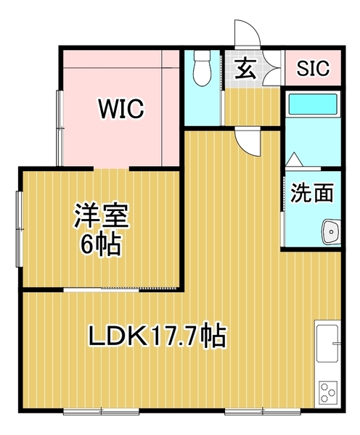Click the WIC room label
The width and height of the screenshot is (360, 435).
(x=121, y=109)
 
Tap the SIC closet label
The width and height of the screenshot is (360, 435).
(x=313, y=68)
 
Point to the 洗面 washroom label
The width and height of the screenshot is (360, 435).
(x=312, y=193)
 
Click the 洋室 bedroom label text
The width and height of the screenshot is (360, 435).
(x=101, y=216)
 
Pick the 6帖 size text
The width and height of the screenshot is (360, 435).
(x=101, y=244)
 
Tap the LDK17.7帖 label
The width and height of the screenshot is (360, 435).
(x=157, y=336)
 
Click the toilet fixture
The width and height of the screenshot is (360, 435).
(x=202, y=68)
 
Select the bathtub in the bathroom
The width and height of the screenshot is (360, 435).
(x=313, y=104)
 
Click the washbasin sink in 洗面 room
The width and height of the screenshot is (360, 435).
(x=331, y=232)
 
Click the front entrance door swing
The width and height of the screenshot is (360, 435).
(x=247, y=33)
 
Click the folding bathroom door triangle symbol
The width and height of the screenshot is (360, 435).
(x=294, y=159)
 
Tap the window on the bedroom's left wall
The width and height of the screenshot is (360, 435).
(x=20, y=229)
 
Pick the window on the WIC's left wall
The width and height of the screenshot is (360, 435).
(x=60, y=128)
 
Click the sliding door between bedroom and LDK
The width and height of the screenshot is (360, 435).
(x=120, y=289)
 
